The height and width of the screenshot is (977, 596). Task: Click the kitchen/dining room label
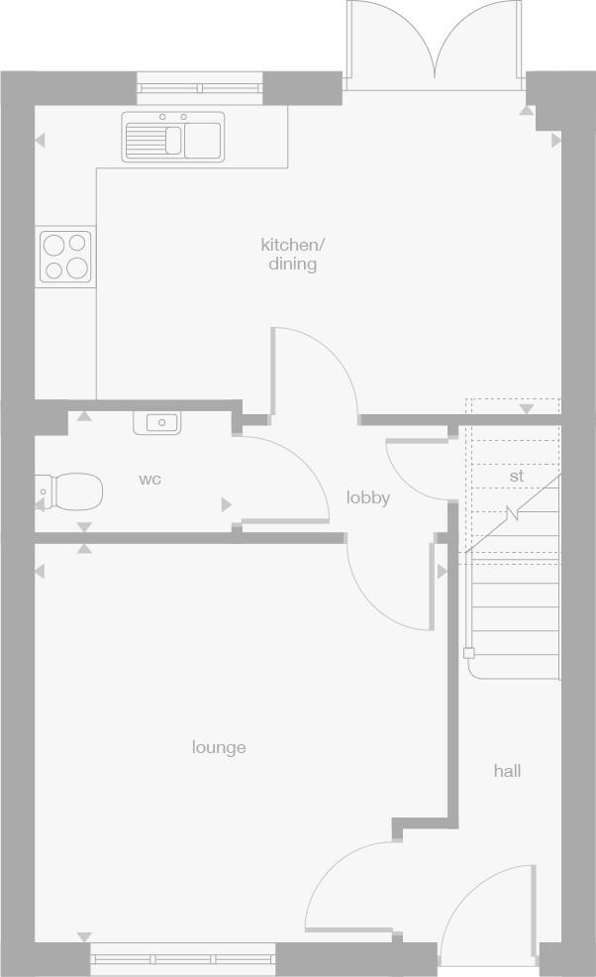click(x=292, y=254)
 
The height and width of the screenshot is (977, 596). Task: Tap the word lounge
click(x=219, y=747)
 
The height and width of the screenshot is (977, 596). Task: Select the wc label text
click(x=149, y=480)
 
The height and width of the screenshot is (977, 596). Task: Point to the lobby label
click(x=367, y=497)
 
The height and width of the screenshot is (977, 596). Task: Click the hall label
click(x=507, y=770)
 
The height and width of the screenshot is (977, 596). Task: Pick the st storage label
click(x=516, y=476)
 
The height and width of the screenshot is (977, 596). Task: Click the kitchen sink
click(x=173, y=137)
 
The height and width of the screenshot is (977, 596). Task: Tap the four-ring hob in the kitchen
click(x=65, y=256)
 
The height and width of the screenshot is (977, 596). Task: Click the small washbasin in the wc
click(x=156, y=423)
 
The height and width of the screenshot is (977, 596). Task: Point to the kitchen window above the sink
click(x=201, y=88)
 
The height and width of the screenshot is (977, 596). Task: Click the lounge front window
click(x=183, y=958)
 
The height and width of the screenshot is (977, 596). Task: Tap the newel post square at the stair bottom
click(x=469, y=653)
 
